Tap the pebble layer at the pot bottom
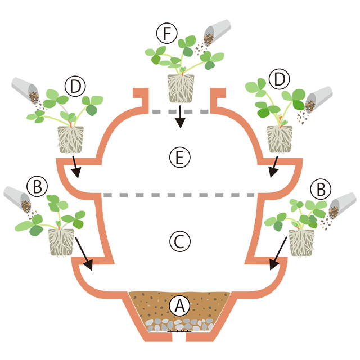[x=179, y=325]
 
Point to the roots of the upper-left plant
[x=71, y=141]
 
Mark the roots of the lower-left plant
[x=61, y=241]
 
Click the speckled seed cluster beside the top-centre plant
[x=208, y=39]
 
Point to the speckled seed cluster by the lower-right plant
[x=333, y=211]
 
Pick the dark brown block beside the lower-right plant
[x=334, y=231]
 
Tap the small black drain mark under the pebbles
[x=179, y=335]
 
